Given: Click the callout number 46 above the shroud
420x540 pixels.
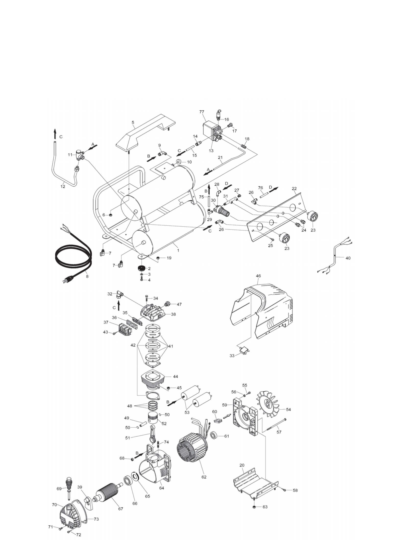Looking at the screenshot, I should click(x=258, y=276).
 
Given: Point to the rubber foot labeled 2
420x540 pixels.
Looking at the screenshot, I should click(x=141, y=268).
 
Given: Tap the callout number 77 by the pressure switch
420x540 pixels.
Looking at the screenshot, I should click(x=202, y=112).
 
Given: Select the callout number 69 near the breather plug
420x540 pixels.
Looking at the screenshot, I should click(x=59, y=488).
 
